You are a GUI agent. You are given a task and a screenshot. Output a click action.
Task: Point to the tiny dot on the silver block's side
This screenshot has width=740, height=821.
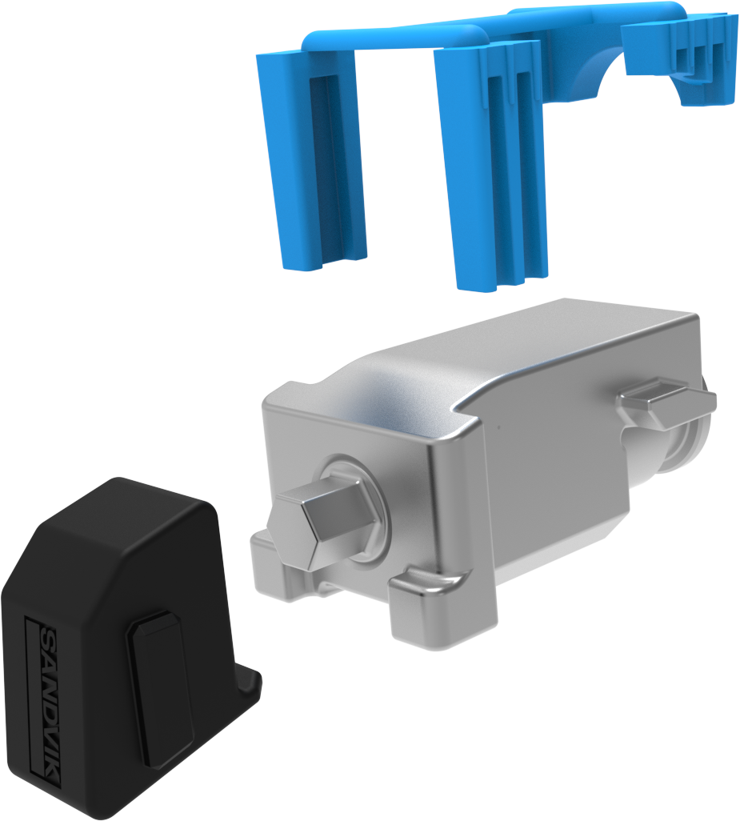pyautogui.click(x=498, y=427)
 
